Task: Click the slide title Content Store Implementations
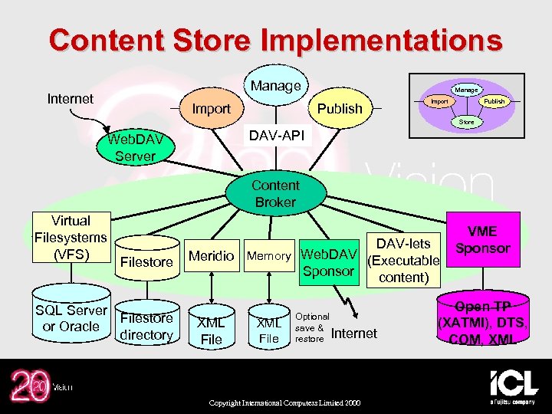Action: coord(275,40)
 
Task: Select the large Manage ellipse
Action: coord(275,86)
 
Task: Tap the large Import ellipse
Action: coord(211,109)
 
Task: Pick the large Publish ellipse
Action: coord(340,108)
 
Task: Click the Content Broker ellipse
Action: coord(275,193)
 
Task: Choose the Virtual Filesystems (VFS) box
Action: coord(71,237)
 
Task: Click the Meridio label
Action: coord(211,256)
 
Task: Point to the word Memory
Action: coord(268,256)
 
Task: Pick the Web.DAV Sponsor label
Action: coord(328,262)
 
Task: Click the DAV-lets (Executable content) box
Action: coord(403,260)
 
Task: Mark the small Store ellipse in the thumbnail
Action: coord(466,122)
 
